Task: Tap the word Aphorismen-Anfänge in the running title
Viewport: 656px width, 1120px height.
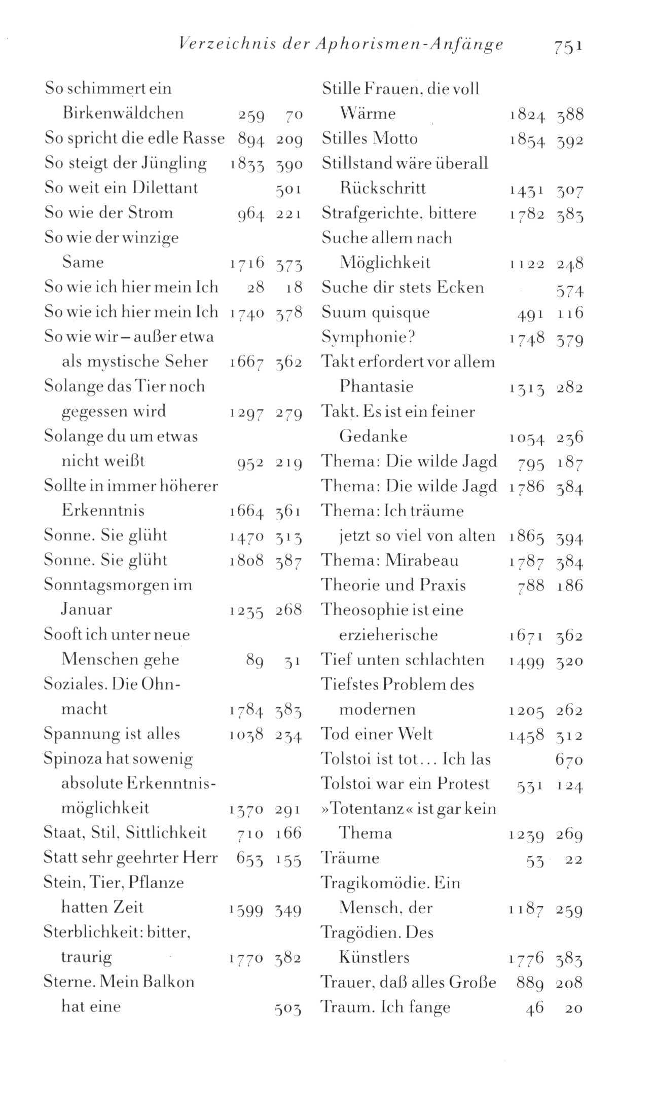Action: [409, 45]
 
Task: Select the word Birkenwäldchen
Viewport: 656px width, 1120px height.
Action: [123, 113]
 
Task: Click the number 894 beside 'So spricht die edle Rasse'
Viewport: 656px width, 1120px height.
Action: [251, 138]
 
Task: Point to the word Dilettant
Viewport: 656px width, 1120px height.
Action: [165, 188]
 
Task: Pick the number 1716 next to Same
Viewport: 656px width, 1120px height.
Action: [247, 263]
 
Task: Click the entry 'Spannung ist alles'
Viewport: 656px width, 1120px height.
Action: [112, 734]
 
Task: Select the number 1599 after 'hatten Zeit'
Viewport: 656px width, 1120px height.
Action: [246, 908]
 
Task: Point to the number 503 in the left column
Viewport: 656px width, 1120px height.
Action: [288, 1007]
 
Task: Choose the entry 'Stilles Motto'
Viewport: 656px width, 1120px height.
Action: [370, 138]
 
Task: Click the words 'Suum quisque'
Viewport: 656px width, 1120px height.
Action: [376, 312]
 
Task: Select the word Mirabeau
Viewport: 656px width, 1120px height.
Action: [422, 560]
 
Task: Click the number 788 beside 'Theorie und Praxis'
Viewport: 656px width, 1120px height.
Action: [531, 586]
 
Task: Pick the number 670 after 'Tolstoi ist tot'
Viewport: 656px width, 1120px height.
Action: [569, 760]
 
